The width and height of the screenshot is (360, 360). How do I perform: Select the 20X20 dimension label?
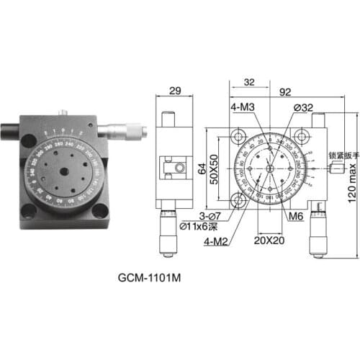point(270,242)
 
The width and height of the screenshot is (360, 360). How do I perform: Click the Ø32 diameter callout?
point(302,108)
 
